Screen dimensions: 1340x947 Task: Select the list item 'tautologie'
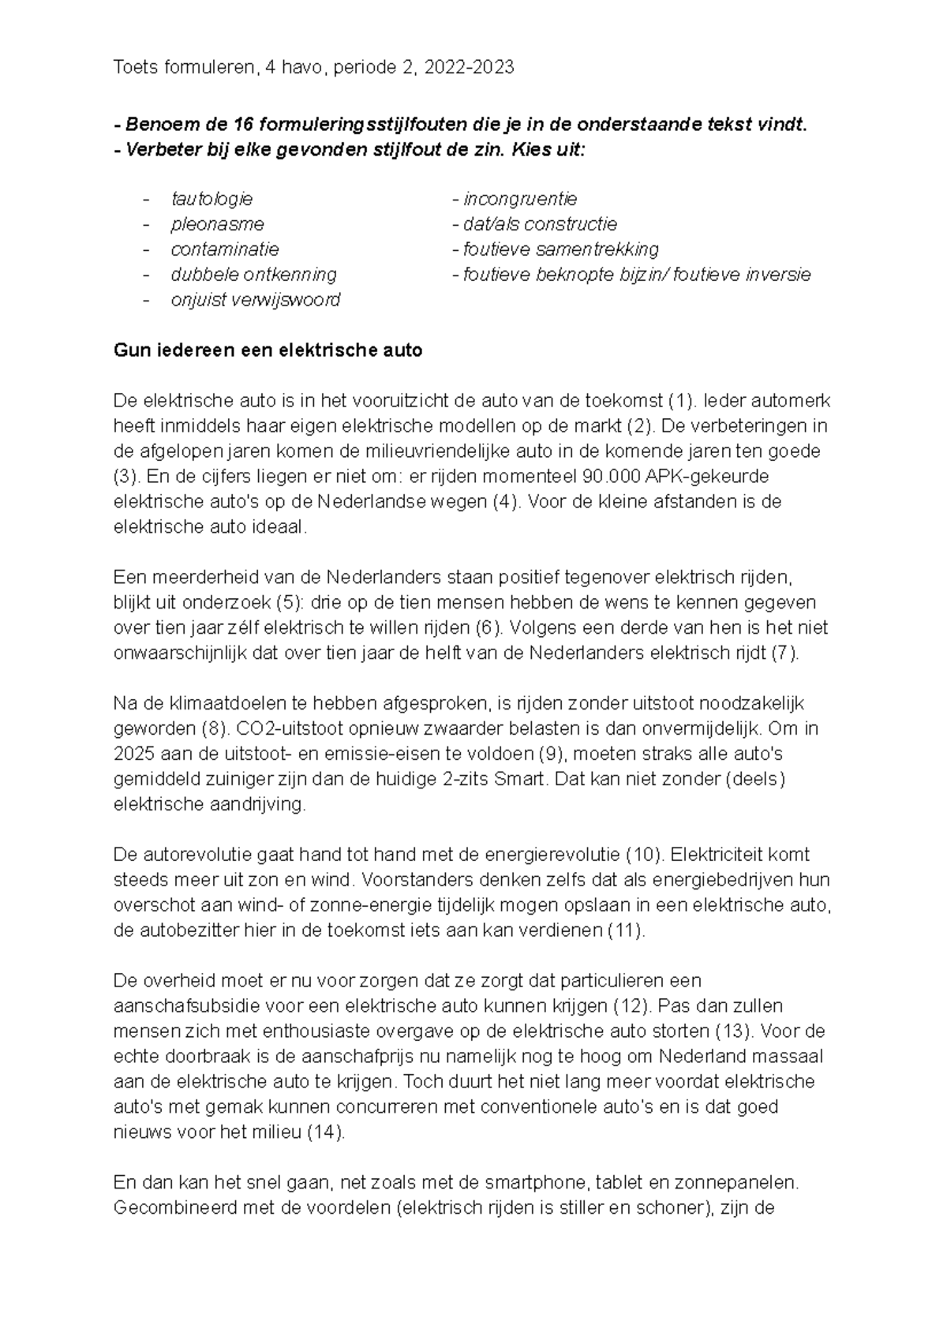click(x=211, y=199)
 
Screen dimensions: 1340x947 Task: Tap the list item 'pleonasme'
click(x=217, y=224)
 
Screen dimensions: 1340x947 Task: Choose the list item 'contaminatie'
click(x=225, y=249)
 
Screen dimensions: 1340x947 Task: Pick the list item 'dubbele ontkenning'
click(x=253, y=275)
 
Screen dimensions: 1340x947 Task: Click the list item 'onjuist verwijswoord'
click(x=255, y=300)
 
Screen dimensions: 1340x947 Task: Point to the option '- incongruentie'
click(x=515, y=199)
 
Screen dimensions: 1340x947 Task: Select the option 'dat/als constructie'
click(x=540, y=224)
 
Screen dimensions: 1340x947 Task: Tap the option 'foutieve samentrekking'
click(x=560, y=249)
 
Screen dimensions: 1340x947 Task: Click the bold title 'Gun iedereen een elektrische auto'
click(x=268, y=350)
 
